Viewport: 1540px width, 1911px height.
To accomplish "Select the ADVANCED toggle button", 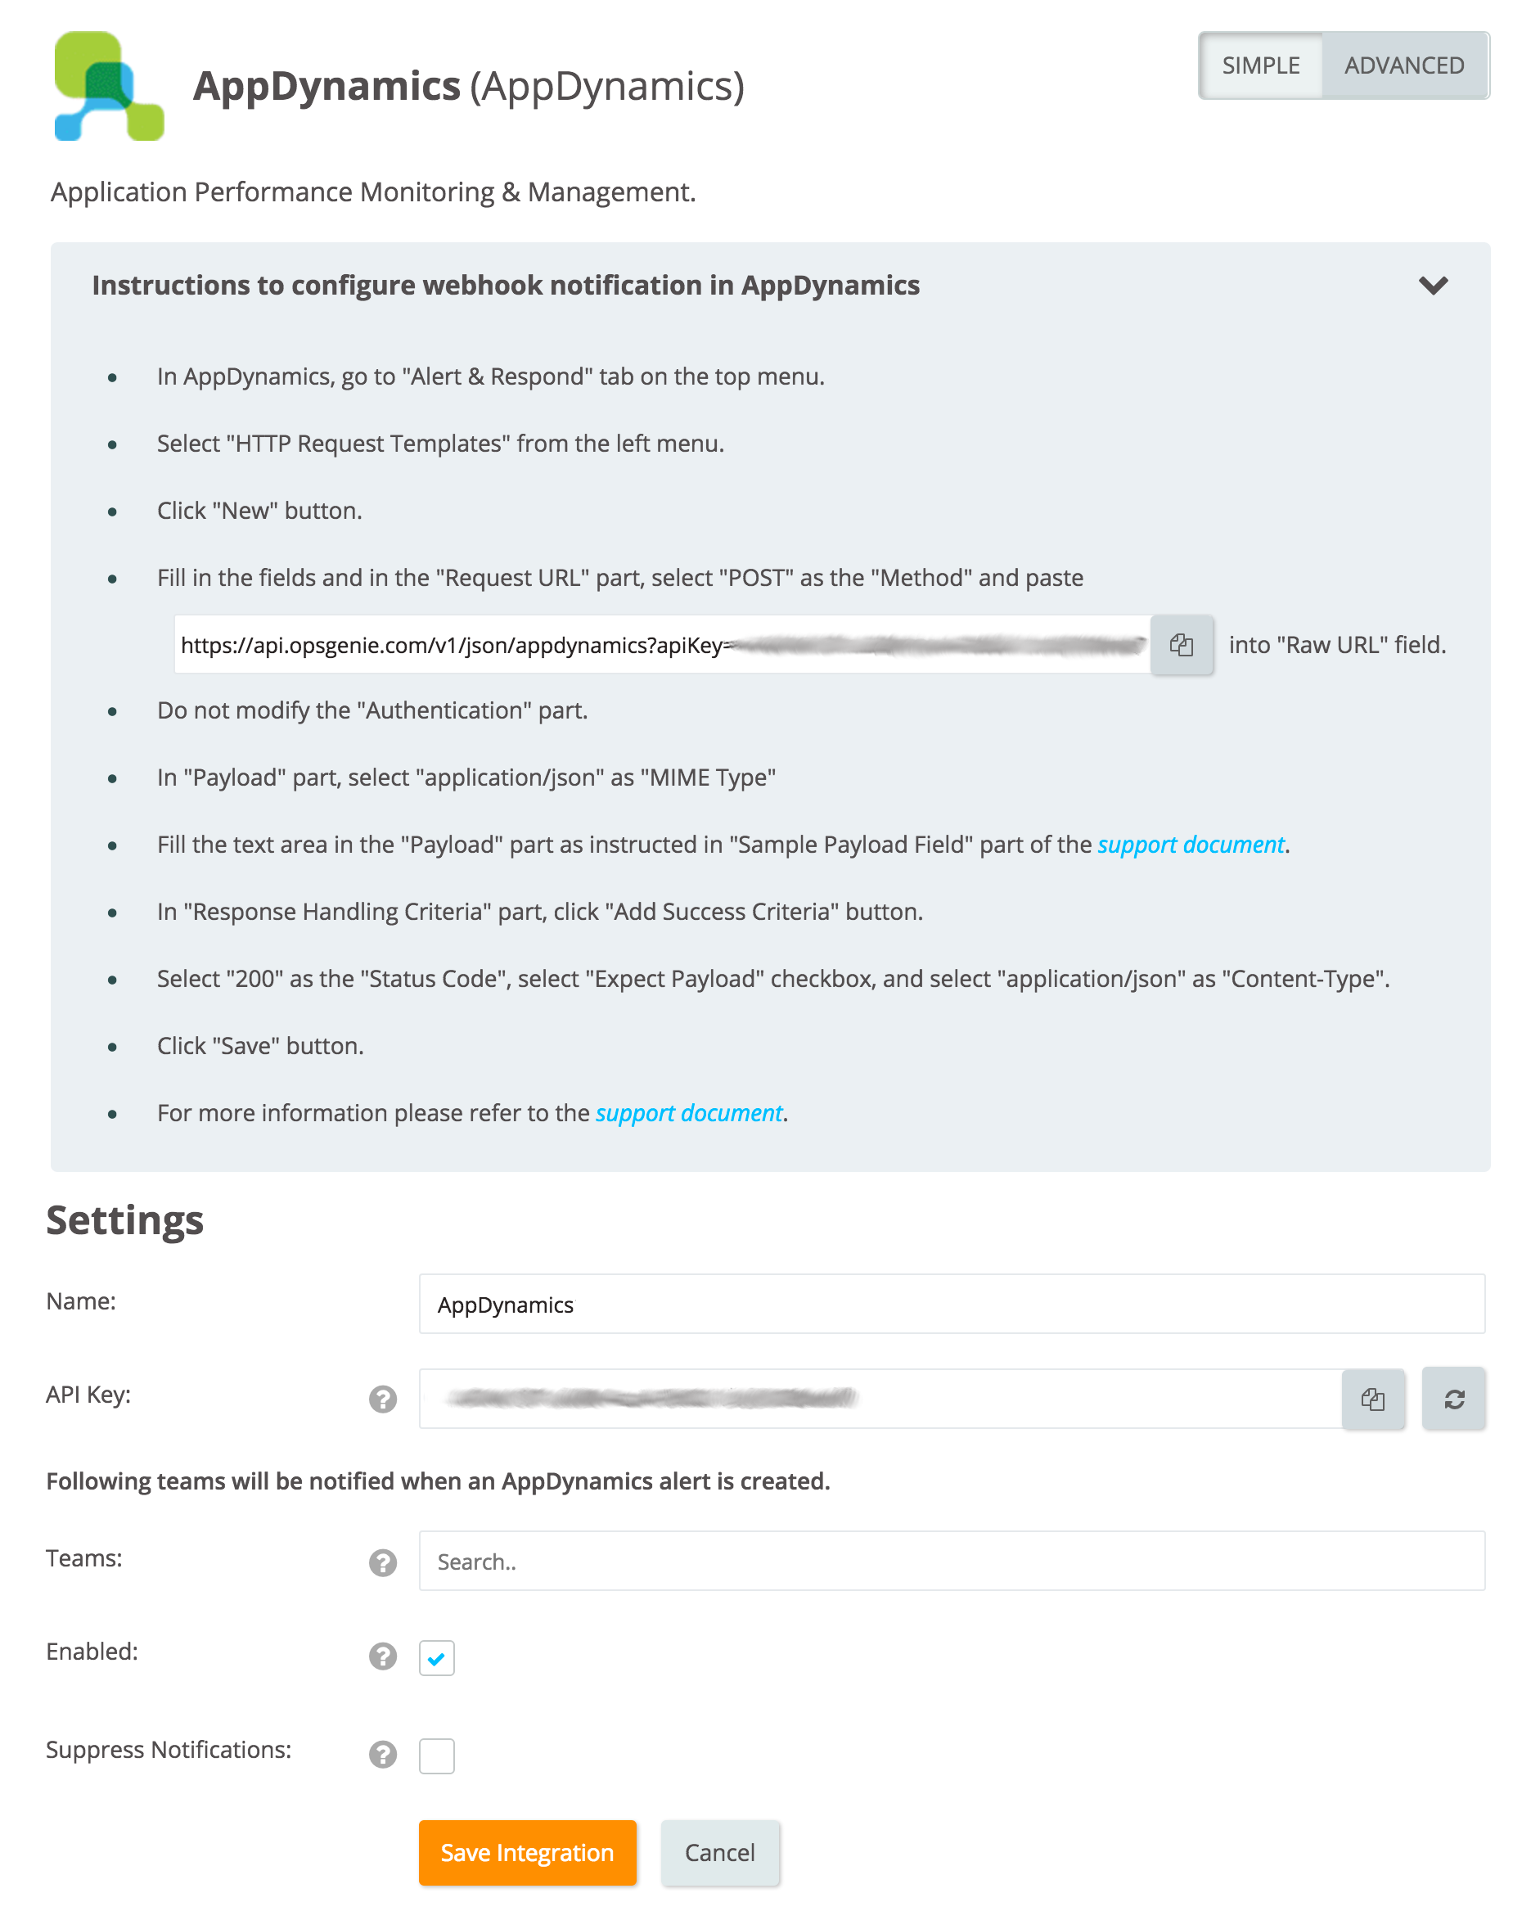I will point(1403,65).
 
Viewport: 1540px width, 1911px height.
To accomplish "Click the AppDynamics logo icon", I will point(109,86).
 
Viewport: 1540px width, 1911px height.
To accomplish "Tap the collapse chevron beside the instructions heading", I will point(1433,286).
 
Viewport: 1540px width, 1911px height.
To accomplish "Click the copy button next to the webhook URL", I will point(1181,645).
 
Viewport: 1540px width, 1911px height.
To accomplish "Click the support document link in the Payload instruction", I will point(1191,845).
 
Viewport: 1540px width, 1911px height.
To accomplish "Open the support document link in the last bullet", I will point(688,1113).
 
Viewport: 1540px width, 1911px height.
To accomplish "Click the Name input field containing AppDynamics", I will point(951,1305).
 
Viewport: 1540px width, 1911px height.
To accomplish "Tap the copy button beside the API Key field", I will point(1372,1399).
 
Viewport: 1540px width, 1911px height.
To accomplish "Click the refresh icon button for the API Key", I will point(1453,1399).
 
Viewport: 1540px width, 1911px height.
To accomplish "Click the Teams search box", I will point(951,1562).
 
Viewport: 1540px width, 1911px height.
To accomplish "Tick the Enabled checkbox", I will point(436,1658).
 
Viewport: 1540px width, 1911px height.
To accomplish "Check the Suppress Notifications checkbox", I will point(436,1756).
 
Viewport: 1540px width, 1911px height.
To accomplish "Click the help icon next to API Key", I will point(382,1399).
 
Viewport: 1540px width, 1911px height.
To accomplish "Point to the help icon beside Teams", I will point(382,1562).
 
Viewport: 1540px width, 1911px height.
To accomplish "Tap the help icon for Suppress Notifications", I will point(382,1754).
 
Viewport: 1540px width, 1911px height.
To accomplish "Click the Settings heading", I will point(125,1221).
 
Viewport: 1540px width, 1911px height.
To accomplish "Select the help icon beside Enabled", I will point(382,1656).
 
